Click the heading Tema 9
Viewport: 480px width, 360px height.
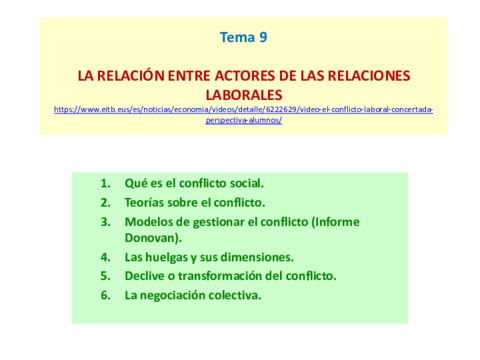coord(243,39)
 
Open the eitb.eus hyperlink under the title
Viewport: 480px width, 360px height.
coord(243,109)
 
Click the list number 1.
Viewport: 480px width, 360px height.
coord(105,183)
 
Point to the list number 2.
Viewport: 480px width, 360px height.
coord(105,202)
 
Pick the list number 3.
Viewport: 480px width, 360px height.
coord(105,221)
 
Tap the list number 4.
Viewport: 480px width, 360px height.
coord(105,257)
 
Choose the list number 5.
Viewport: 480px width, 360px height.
coord(105,276)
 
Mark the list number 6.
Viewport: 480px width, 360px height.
coord(105,295)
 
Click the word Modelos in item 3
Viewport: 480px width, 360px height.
coord(151,221)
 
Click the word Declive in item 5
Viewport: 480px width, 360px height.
coord(147,276)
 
